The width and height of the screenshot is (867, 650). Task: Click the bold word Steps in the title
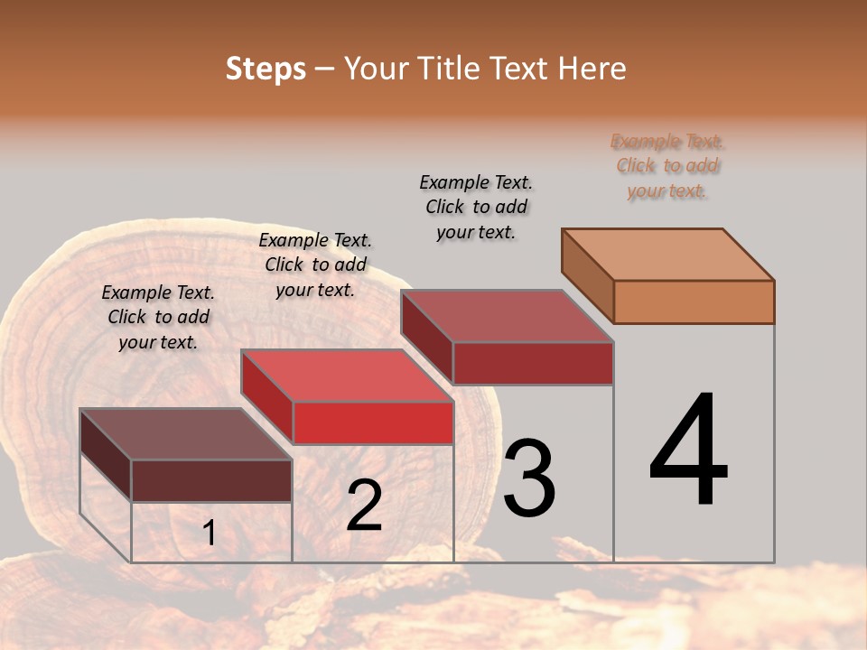click(265, 69)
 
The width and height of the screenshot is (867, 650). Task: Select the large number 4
click(689, 450)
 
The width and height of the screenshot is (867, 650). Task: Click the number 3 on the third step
click(529, 478)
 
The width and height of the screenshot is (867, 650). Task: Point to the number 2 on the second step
click(364, 506)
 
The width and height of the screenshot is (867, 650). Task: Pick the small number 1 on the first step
click(209, 534)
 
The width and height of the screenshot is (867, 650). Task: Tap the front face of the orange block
click(694, 302)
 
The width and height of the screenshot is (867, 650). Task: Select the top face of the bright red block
click(347, 376)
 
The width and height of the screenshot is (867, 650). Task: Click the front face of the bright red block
click(373, 422)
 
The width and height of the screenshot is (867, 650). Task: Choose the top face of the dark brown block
click(185, 434)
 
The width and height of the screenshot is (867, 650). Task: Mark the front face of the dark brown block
click(211, 480)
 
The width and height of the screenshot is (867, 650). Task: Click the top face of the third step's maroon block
click(508, 316)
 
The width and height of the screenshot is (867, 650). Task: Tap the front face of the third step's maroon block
click(533, 363)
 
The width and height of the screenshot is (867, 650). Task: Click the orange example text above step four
click(667, 166)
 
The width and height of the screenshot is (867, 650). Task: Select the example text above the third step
click(476, 207)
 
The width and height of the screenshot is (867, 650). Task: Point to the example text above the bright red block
click(315, 265)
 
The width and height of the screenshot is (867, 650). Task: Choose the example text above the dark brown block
click(158, 317)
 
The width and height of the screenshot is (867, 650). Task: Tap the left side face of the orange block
click(588, 276)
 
